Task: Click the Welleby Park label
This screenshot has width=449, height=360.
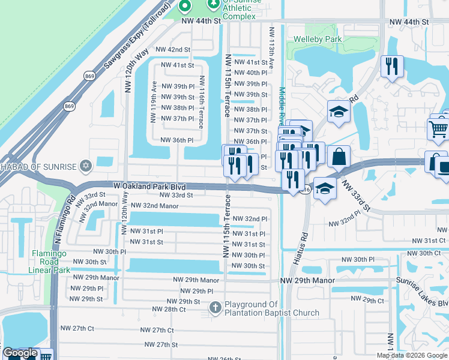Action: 317,40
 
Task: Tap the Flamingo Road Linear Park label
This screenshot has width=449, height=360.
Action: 46,262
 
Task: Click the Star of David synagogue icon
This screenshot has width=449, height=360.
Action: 86,165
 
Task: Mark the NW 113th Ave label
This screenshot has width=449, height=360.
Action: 271,47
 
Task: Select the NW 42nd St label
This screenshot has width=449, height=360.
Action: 172,50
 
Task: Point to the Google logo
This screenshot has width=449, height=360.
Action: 20,353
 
